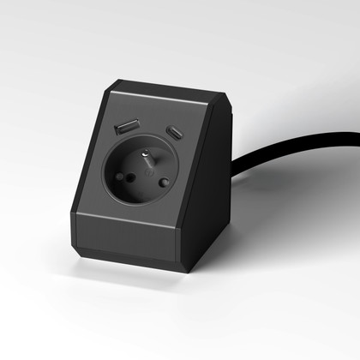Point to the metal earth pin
(x=147, y=158)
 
